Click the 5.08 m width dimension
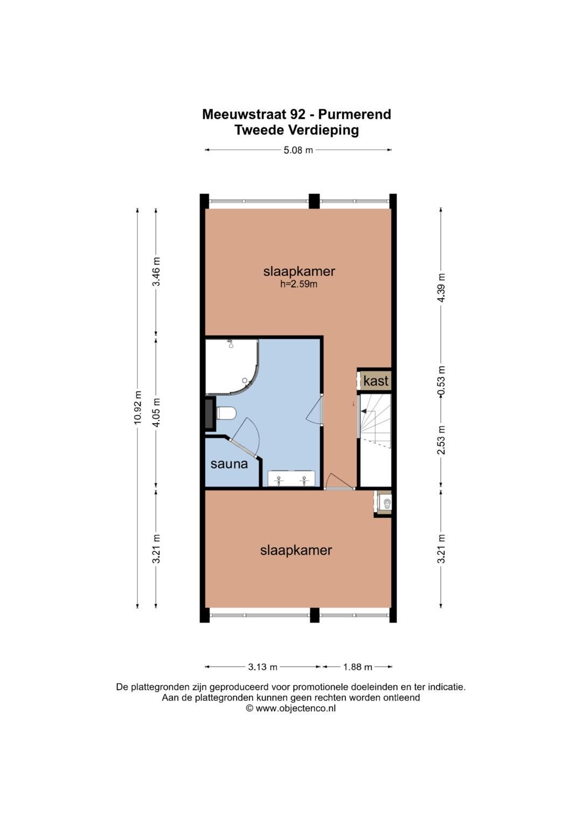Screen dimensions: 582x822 point(298,150)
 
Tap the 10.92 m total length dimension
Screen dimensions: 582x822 point(137,408)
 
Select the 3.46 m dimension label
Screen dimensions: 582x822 point(156,271)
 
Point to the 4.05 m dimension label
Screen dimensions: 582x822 point(156,412)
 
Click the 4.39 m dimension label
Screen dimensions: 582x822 point(441,287)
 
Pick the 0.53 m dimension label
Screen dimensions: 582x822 point(441,381)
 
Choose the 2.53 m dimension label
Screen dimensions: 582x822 point(441,440)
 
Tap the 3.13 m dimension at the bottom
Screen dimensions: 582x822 point(262,667)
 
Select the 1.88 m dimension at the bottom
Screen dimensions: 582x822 point(357,667)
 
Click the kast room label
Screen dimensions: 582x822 point(376,381)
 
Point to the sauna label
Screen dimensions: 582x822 point(229,464)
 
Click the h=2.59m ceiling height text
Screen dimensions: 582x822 point(299,284)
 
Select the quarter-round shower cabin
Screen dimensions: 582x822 point(232,367)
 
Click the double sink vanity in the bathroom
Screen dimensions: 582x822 point(292,479)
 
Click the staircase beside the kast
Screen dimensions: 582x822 point(375,441)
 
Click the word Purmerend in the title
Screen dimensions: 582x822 point(355,115)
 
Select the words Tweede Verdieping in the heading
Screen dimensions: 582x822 point(296,130)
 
